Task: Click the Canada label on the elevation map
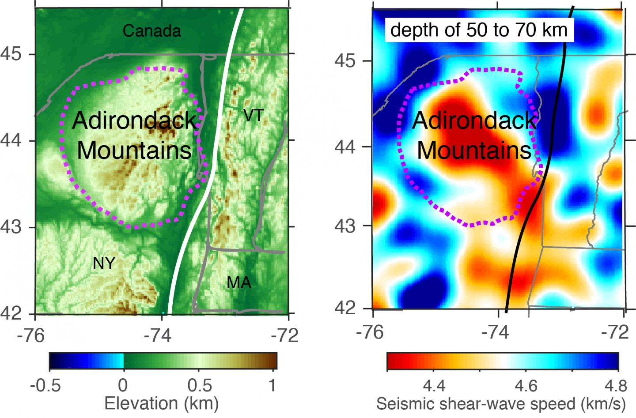[151, 31]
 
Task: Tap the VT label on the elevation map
[253, 116]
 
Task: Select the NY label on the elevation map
[104, 264]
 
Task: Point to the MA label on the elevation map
[239, 282]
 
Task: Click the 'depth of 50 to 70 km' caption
[479, 30]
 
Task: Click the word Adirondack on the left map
[134, 121]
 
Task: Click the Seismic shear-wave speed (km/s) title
[501, 403]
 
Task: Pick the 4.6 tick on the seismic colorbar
[526, 387]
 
